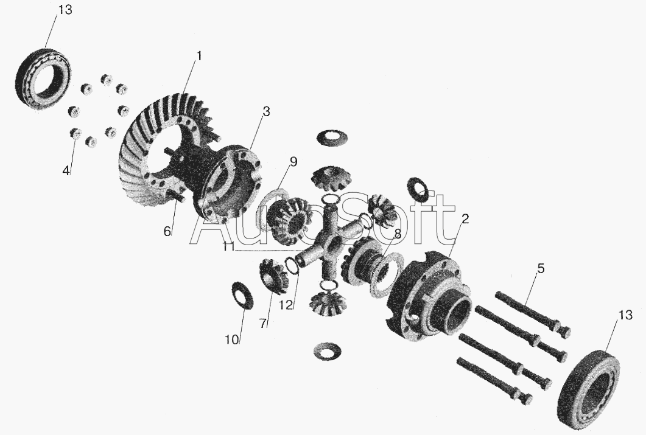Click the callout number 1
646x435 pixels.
coord(198,55)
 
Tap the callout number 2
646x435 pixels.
coord(465,219)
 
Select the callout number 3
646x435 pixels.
coord(267,111)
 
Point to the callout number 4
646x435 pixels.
coord(66,171)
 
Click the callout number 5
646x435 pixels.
coord(541,269)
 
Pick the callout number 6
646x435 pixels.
coord(167,232)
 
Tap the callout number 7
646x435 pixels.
coord(263,324)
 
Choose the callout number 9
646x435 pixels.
coord(293,162)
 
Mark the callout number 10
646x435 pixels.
coord(232,340)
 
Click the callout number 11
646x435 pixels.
coord(229,247)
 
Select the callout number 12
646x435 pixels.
coord(286,305)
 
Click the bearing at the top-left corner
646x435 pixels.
coord(43,78)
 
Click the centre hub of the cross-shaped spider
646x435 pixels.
coord(329,242)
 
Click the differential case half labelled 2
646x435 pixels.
coord(429,296)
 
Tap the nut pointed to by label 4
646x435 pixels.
coord(75,133)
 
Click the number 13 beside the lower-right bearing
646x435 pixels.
coord(625,315)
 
